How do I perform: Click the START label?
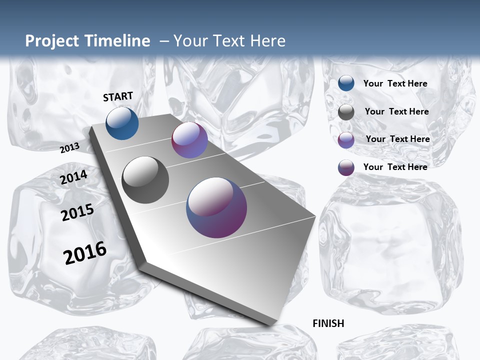pyautogui.click(x=118, y=96)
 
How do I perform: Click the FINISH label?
pyautogui.click(x=328, y=323)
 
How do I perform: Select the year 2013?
pyautogui.click(x=70, y=147)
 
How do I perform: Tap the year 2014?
pyautogui.click(x=74, y=177)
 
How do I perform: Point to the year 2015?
pyautogui.click(x=77, y=212)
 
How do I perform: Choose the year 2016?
pyautogui.click(x=85, y=252)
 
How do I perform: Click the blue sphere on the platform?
pyautogui.click(x=122, y=123)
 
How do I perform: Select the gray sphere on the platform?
pyautogui.click(x=145, y=179)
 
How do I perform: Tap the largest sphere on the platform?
pyautogui.click(x=216, y=207)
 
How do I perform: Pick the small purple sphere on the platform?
pyautogui.click(x=189, y=140)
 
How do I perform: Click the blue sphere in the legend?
pyautogui.click(x=346, y=83)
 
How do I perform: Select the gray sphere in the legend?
pyautogui.click(x=346, y=112)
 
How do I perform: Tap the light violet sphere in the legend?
pyautogui.click(x=346, y=140)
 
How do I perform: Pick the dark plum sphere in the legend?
pyautogui.click(x=346, y=167)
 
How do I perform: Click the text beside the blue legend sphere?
pyautogui.click(x=395, y=83)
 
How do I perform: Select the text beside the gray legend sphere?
pyautogui.click(x=396, y=111)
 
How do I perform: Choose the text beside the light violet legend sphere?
pyautogui.click(x=397, y=139)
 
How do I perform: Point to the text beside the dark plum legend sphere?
pyautogui.click(x=395, y=167)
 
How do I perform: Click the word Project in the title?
pyautogui.click(x=52, y=41)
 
